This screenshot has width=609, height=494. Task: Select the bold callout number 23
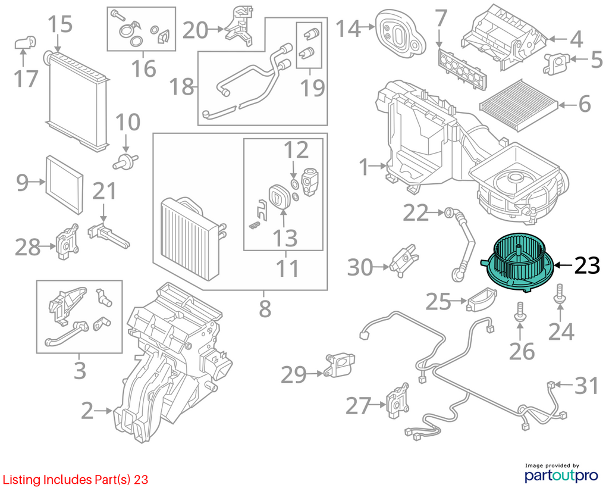tap(587, 265)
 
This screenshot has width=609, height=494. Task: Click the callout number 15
tap(60, 24)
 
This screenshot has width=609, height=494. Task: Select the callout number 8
tap(265, 309)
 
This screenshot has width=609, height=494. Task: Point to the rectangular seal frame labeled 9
tap(64, 185)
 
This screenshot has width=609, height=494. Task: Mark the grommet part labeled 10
tap(125, 161)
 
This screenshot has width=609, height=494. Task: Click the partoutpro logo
tap(561, 473)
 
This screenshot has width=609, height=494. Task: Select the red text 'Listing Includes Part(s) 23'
tap(76, 480)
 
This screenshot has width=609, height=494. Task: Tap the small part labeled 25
tap(482, 299)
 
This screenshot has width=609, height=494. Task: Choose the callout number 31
tap(586, 386)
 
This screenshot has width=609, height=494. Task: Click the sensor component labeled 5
tap(556, 62)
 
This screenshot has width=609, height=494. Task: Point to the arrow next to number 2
tap(103, 411)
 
